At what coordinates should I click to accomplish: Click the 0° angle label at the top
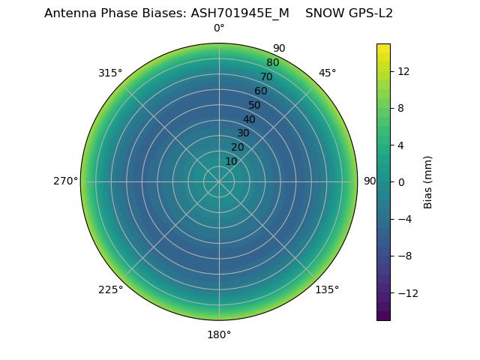click(219, 28)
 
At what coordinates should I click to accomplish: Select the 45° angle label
click(328, 73)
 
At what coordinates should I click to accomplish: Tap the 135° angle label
click(327, 290)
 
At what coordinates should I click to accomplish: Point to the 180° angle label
click(219, 334)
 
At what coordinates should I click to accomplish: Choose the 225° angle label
click(110, 290)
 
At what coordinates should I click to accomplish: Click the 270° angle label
click(66, 181)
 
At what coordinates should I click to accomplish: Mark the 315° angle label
click(110, 73)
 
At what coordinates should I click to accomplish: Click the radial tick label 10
click(231, 161)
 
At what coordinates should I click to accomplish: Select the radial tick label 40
click(249, 119)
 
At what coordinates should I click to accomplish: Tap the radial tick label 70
click(266, 77)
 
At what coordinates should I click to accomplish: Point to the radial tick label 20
click(237, 147)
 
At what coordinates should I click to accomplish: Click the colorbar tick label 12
click(403, 71)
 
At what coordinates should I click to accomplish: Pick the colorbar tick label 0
click(400, 182)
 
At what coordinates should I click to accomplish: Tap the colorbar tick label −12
click(406, 292)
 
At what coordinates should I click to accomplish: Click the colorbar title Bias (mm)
click(428, 182)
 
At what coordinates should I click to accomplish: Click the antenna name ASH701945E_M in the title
click(240, 13)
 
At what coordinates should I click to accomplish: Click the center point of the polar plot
click(219, 181)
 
